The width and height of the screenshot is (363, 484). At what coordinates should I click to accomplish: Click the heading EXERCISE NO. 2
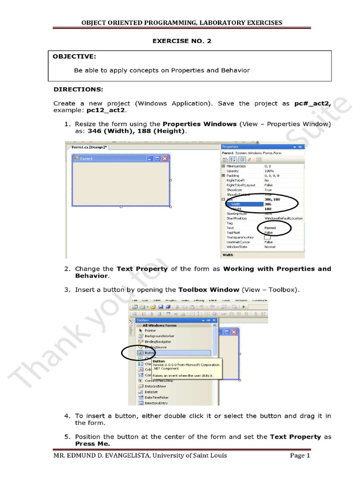click(181, 41)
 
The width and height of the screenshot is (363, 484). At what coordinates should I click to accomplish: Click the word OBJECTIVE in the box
click(74, 57)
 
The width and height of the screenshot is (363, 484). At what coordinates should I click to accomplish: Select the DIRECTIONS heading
click(78, 89)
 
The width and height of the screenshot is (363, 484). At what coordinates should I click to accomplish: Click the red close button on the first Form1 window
click(165, 159)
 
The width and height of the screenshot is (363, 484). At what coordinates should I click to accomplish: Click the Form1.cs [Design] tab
click(89, 147)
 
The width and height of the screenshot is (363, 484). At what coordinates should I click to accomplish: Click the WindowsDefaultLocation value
click(283, 218)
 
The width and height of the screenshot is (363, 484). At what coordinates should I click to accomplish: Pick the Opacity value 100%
click(269, 171)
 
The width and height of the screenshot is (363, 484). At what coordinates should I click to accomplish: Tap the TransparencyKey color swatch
click(268, 237)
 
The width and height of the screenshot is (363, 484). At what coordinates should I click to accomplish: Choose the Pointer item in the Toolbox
click(150, 330)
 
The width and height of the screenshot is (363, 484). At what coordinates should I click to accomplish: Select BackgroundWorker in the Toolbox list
click(158, 336)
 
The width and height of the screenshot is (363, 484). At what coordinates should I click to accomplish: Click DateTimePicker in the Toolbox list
click(156, 398)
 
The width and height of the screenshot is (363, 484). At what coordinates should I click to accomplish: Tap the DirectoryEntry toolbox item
click(156, 403)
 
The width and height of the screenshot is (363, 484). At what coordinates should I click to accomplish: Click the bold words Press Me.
click(93, 444)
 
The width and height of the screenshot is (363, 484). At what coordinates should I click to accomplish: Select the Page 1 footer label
click(300, 456)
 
